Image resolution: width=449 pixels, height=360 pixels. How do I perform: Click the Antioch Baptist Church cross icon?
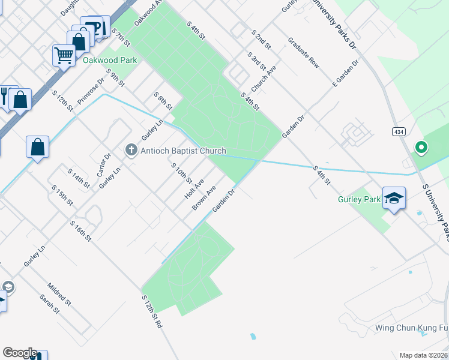tap(132, 150)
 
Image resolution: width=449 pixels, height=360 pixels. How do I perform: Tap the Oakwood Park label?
tap(110, 60)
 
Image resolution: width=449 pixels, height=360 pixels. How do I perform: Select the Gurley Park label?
tap(360, 199)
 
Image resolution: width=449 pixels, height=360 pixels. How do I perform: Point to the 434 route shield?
tap(398, 131)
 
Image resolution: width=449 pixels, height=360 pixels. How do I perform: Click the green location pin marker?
tap(421, 146)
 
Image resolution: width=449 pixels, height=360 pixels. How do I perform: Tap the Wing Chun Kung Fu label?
tap(412, 328)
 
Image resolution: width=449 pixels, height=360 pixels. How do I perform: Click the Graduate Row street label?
tap(304, 53)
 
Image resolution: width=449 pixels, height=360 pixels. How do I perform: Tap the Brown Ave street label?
tap(203, 197)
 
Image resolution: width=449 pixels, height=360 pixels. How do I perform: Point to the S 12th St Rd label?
tap(152, 310)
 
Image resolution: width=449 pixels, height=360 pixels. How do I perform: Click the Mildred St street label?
tap(59, 293)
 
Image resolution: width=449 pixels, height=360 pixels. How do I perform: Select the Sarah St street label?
tap(50, 304)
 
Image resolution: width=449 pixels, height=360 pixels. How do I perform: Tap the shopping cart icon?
tap(63, 55)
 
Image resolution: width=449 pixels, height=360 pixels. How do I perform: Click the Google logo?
tap(20, 353)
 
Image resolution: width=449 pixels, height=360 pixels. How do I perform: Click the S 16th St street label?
tap(80, 231)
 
